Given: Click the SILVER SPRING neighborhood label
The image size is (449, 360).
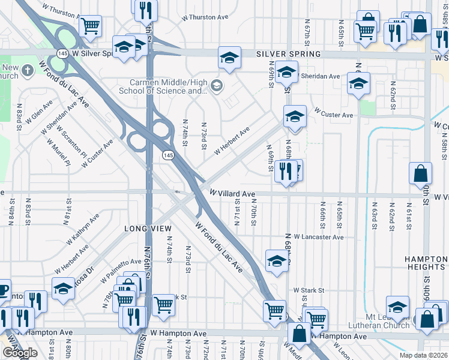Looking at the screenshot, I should tap(288, 54).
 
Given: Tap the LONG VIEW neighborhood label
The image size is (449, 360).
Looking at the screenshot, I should tap(148, 229).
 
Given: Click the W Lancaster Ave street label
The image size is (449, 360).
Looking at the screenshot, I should tap(318, 238).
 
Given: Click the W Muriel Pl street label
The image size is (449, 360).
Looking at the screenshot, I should tap(60, 154).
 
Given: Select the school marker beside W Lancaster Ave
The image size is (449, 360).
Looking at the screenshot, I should tap(276, 261).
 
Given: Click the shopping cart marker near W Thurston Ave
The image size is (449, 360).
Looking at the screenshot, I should tap(90, 26).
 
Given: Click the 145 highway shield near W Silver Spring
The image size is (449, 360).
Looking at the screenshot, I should tap(62, 53).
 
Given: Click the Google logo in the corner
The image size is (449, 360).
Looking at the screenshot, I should tap(20, 353).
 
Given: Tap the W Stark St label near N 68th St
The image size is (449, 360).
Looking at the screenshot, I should tap(309, 290).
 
